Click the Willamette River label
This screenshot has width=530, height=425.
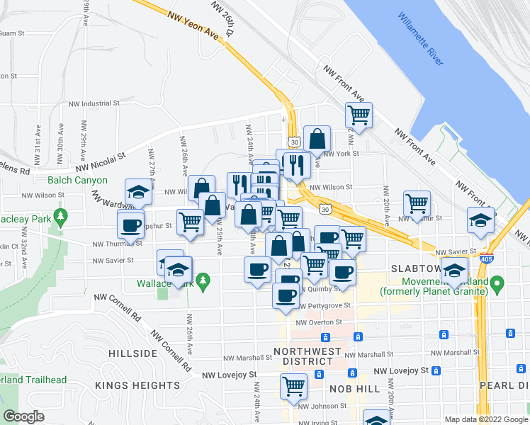pos(420,40)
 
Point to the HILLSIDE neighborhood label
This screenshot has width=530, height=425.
pos(133,353)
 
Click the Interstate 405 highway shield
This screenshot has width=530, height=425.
pos(486,259)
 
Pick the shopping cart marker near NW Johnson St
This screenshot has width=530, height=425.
pos(293,386)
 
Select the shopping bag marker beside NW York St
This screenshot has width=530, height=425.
pos(317,137)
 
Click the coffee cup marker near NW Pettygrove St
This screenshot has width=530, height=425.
pos(286,295)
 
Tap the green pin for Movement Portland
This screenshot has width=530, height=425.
pos(497,285)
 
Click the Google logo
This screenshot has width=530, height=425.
pos(23,416)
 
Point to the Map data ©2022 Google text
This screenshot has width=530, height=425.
pos(485,419)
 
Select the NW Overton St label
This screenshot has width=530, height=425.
pos(319,322)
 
